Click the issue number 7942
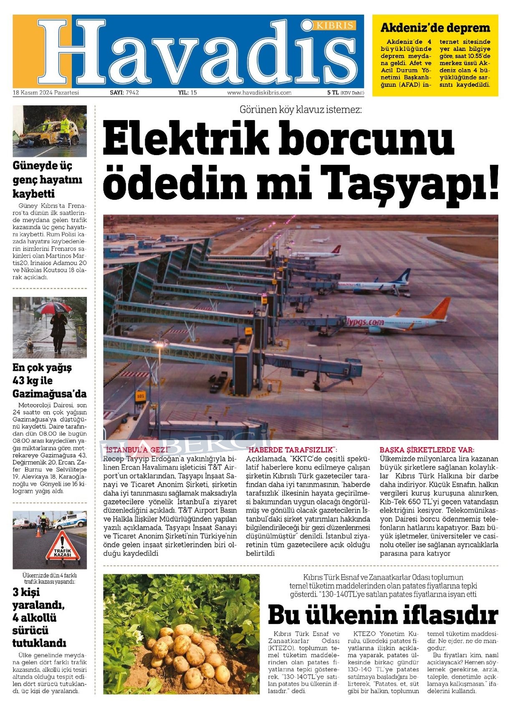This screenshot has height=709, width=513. click(x=132, y=93)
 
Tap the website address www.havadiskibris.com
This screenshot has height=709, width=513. click(x=259, y=93)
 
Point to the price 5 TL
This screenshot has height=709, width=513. click(x=333, y=93)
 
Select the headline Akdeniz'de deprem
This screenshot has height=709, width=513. click(x=435, y=28)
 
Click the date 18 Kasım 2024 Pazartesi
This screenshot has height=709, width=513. click(x=46, y=93)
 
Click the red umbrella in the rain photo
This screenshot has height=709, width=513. click(x=53, y=308)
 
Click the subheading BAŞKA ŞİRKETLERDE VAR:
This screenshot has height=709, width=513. click(x=427, y=450)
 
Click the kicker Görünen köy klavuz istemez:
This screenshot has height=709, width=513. click(x=301, y=110)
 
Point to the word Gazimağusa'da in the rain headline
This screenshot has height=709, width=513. click(x=49, y=394)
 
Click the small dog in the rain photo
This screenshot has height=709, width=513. click(x=29, y=345)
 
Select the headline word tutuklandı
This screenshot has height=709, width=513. click(x=39, y=643)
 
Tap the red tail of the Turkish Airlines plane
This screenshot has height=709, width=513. click(x=336, y=249)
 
